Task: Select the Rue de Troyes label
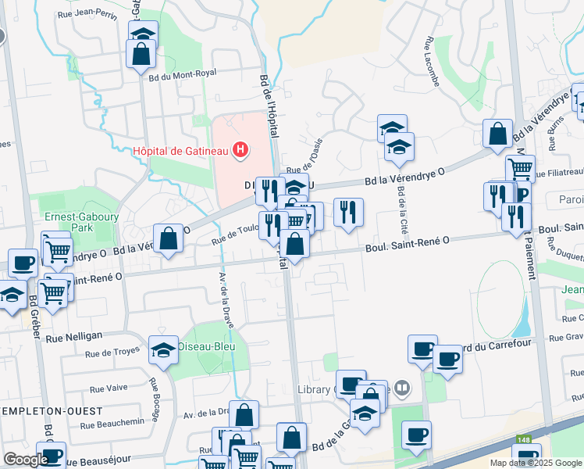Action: pyautogui.click(x=114, y=355)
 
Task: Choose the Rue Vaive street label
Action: pyautogui.click(x=108, y=388)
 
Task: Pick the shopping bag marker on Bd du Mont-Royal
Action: pyautogui.click(x=141, y=55)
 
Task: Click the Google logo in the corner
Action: pyautogui.click(x=26, y=460)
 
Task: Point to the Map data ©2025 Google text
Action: pyautogui.click(x=535, y=463)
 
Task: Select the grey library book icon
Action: pyautogui.click(x=402, y=387)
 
